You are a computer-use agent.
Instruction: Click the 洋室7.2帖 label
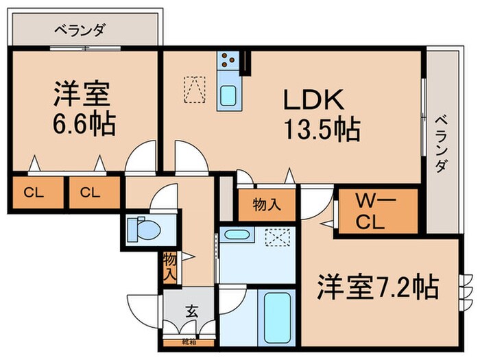[x=378, y=287]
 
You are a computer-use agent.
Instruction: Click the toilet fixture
[x=141, y=228]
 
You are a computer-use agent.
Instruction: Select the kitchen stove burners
[x=228, y=60]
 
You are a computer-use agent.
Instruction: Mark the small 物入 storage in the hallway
[x=169, y=266]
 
